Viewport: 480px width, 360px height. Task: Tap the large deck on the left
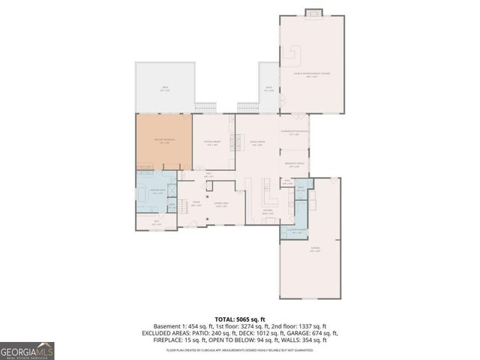pos(164,88)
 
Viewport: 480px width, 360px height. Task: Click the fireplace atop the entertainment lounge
pos(313,12)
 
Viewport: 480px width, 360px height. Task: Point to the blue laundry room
pos(295,232)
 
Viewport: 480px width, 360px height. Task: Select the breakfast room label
pos(295,164)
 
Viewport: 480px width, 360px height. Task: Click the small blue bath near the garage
pos(301,189)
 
